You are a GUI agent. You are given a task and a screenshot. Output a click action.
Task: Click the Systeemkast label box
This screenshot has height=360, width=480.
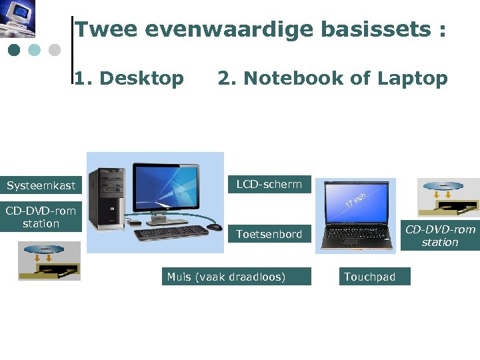pos(41,185)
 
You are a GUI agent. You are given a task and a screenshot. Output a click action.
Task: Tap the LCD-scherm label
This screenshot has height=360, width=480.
pos(269,184)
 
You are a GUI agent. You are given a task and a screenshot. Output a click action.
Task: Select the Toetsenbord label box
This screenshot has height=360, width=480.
pos(269,234)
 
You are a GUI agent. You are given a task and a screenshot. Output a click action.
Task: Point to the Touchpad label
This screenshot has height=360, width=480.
pos(373,277)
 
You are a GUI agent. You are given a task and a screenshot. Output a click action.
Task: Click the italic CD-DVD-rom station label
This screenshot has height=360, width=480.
pos(440,236)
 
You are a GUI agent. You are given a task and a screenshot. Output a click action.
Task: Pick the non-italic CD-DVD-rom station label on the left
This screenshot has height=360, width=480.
pos(41,217)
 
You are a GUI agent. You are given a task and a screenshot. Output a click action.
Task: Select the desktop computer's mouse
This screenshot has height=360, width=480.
pos(214,227)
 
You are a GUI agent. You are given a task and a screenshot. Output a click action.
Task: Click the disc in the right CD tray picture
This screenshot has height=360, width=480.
pos(441,186)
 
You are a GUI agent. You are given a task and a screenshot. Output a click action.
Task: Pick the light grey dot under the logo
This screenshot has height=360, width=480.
pos(55,50)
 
